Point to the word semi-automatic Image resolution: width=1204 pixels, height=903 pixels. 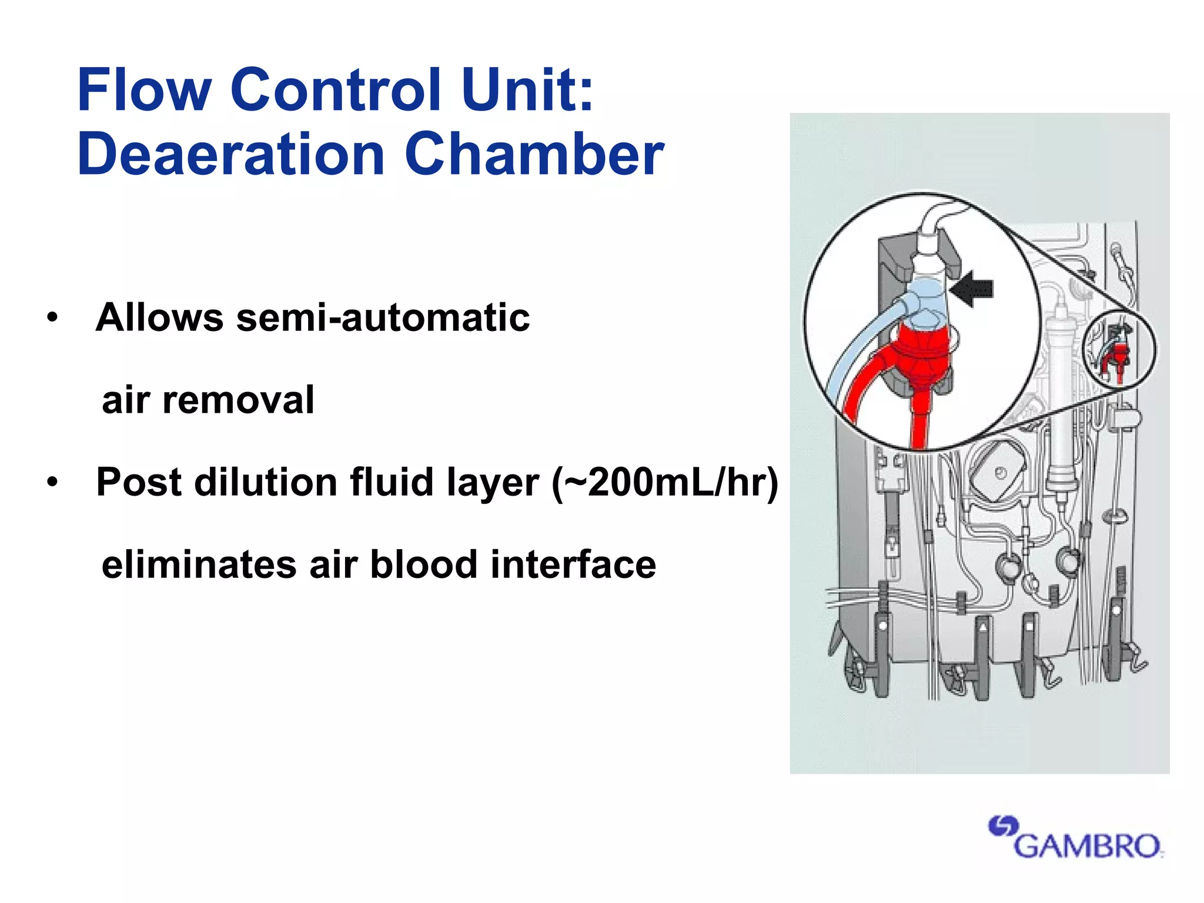(x=383, y=317)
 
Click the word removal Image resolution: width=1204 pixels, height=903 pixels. (x=238, y=400)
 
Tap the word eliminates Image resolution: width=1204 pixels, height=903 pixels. (x=199, y=565)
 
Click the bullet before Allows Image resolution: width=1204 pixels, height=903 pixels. (x=53, y=318)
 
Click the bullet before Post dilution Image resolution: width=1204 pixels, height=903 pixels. (x=53, y=483)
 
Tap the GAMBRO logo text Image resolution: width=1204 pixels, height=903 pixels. (x=1087, y=847)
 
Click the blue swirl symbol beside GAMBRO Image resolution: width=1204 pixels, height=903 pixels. (x=1002, y=827)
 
